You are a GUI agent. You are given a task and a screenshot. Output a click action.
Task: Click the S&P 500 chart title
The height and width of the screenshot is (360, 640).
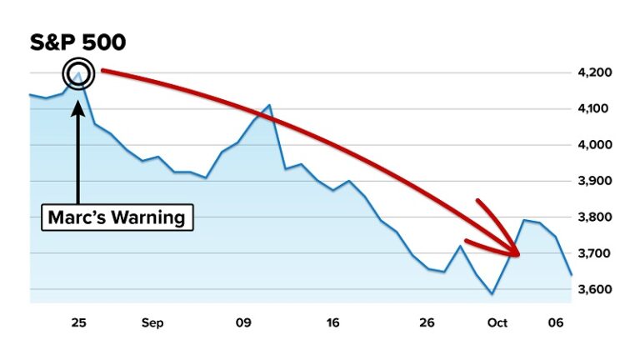pyautogui.click(x=77, y=43)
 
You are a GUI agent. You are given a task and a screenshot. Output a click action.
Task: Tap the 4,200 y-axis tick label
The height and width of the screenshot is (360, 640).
pyautogui.click(x=593, y=72)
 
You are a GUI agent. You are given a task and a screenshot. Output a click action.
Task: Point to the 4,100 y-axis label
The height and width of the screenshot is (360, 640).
pyautogui.click(x=593, y=108)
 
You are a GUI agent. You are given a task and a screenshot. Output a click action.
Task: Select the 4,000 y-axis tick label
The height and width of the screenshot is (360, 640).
pyautogui.click(x=593, y=145)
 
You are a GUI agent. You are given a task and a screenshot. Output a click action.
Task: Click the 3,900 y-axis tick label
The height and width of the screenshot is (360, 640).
pyautogui.click(x=593, y=181)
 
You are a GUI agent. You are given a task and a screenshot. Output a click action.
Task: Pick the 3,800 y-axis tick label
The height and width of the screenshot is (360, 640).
pyautogui.click(x=593, y=217)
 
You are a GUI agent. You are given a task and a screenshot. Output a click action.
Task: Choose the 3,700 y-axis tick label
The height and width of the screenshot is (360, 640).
pyautogui.click(x=593, y=253)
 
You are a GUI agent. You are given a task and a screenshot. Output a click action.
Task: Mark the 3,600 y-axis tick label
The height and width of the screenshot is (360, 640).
pyautogui.click(x=593, y=290)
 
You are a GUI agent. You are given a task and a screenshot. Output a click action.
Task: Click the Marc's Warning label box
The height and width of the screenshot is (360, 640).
pyautogui.click(x=117, y=217)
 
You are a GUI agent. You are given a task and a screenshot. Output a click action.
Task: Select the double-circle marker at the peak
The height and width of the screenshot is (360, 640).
pyautogui.click(x=78, y=76)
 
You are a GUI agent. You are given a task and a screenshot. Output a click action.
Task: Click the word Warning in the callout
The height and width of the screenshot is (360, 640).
pyautogui.click(x=146, y=217)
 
